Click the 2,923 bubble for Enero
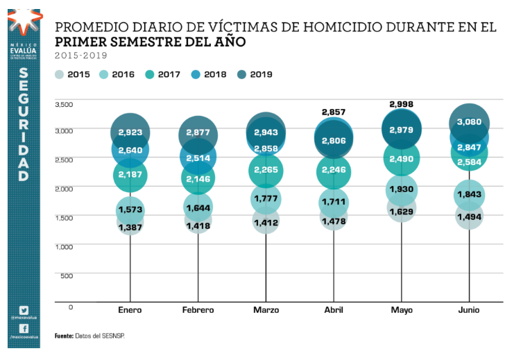click(130, 131)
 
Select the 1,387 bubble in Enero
click(130, 228)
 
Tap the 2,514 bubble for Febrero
click(198, 158)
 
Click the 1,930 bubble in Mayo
click(402, 190)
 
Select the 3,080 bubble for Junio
click(470, 123)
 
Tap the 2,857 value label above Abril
click(334, 112)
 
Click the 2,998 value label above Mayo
click(402, 104)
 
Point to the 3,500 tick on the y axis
click(63, 104)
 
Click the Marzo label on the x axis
click(266, 310)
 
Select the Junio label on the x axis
click(470, 310)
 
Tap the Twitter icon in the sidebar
click(24, 309)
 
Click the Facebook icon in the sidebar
click(24, 328)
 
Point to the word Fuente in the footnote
click(64, 336)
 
